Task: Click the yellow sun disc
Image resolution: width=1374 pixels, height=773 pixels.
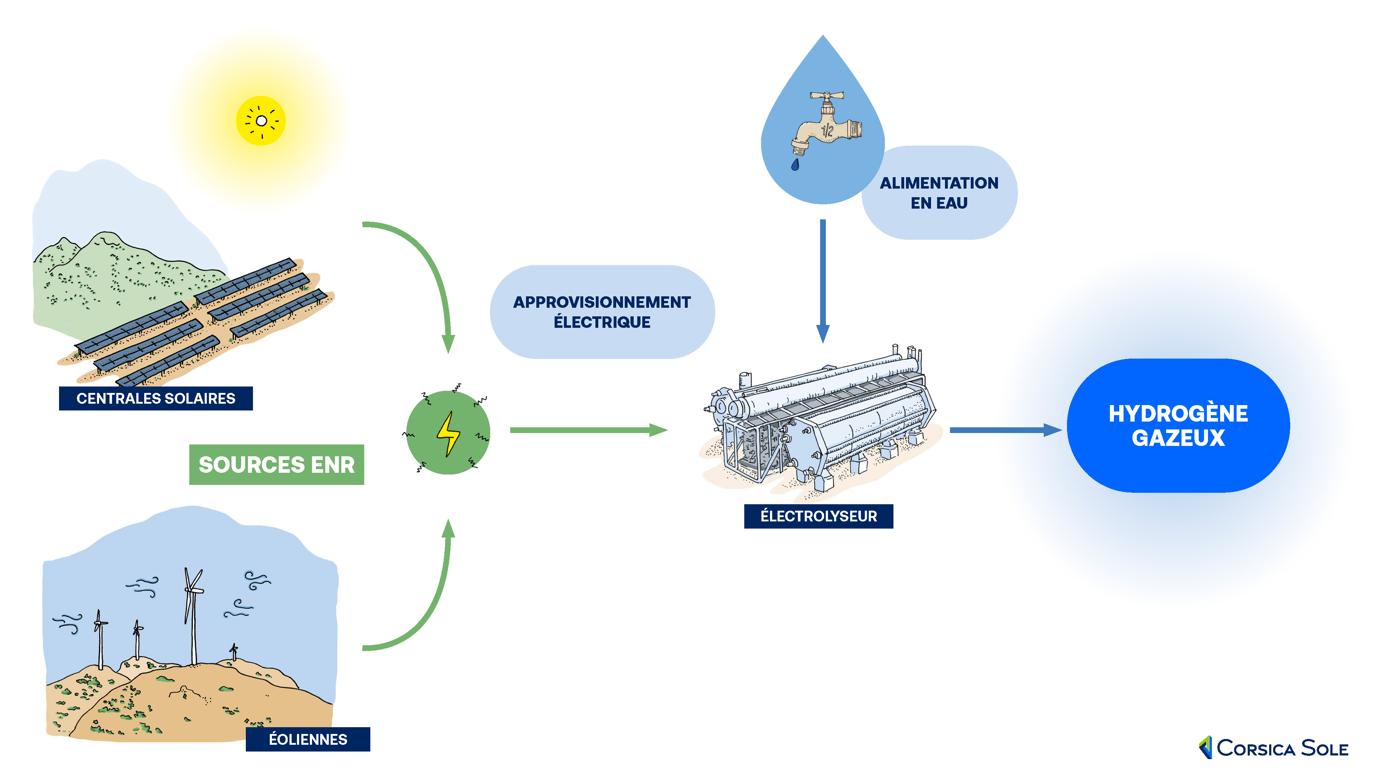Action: (261, 121)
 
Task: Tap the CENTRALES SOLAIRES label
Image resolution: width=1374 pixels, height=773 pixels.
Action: (156, 399)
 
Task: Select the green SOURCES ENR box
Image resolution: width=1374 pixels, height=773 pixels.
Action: (276, 465)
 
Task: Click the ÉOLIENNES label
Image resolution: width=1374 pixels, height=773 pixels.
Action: (308, 739)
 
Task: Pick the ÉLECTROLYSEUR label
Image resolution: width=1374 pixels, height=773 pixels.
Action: (818, 516)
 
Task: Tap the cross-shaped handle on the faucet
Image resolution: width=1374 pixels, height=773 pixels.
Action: (827, 96)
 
